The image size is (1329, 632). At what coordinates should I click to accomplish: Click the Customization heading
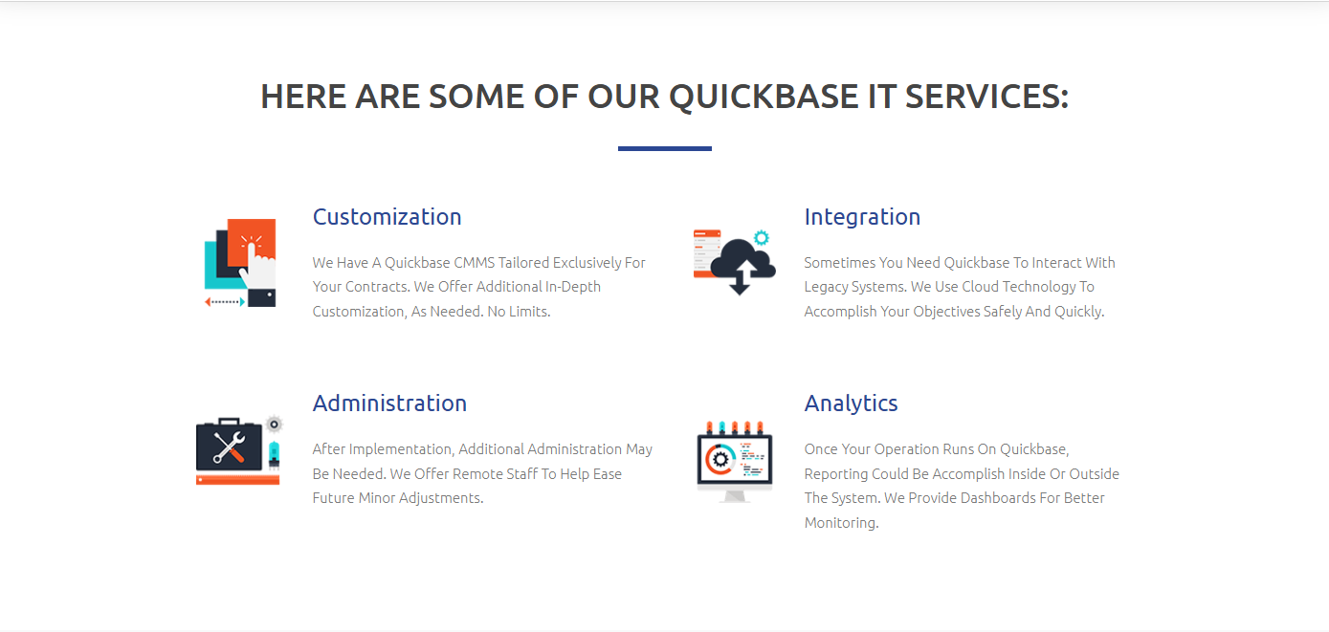tap(387, 217)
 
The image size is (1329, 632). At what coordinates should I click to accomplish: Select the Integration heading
tap(862, 217)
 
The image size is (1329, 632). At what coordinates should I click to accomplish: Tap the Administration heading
tap(389, 403)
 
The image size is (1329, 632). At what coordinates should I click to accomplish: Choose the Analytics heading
tap(851, 403)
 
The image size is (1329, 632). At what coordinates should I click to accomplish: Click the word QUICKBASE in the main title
tap(764, 97)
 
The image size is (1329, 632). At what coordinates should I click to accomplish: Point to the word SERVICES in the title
tap(986, 96)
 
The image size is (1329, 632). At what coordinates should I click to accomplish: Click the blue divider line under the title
tap(664, 148)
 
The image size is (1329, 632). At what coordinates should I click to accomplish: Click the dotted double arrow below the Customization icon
tap(225, 302)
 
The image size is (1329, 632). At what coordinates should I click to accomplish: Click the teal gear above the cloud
tap(762, 238)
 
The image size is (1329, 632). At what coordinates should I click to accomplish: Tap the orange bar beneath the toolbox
tap(237, 480)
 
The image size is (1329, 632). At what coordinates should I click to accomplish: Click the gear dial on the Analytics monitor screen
tap(720, 460)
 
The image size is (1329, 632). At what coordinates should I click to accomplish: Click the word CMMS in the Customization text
tap(474, 263)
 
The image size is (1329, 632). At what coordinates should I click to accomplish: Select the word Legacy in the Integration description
tap(825, 288)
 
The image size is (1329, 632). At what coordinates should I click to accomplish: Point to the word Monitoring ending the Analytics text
tap(841, 523)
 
